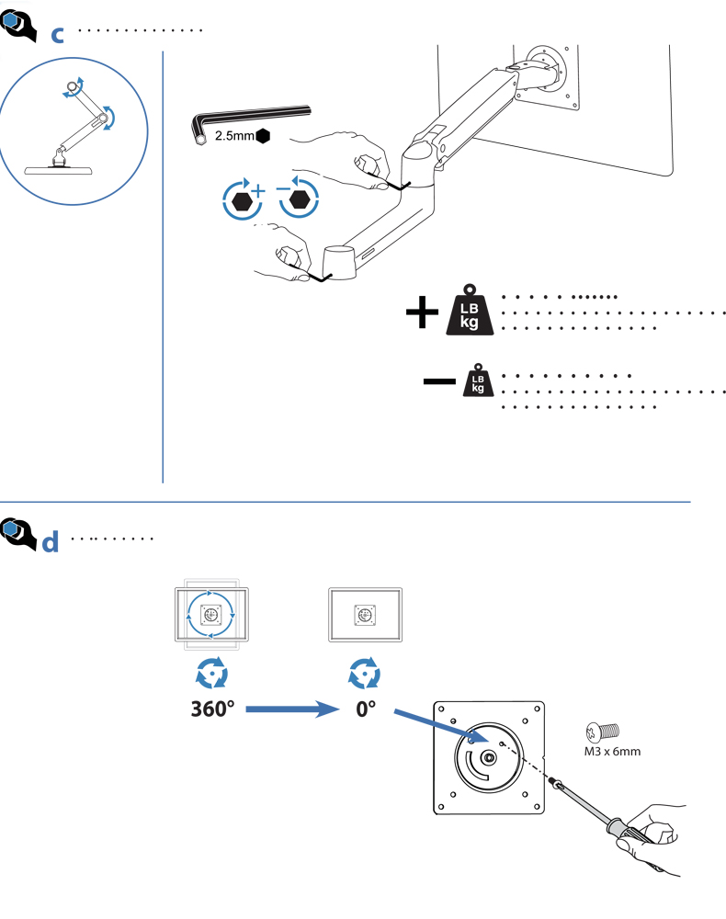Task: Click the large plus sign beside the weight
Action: [422, 312]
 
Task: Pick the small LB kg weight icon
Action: [477, 380]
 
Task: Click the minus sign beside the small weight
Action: [440, 379]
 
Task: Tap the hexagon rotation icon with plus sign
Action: [243, 200]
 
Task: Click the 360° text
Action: [213, 710]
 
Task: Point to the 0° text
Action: [367, 710]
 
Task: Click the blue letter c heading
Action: [57, 35]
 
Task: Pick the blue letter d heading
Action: [51, 541]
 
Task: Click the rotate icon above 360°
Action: [213, 675]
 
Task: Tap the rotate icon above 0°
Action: [366, 675]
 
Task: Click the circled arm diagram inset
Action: [74, 124]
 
